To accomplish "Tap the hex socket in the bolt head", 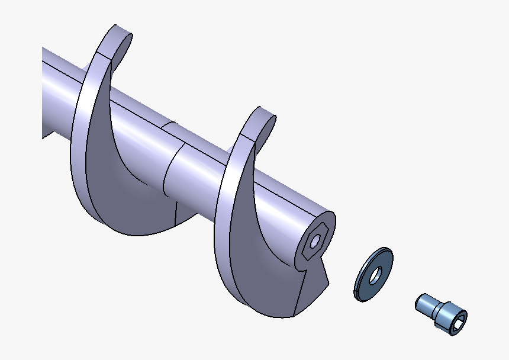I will pyautogui.click(x=458, y=321).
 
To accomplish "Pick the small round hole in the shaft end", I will pyautogui.click(x=316, y=240).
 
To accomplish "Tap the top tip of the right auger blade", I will pyautogui.click(x=264, y=112).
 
